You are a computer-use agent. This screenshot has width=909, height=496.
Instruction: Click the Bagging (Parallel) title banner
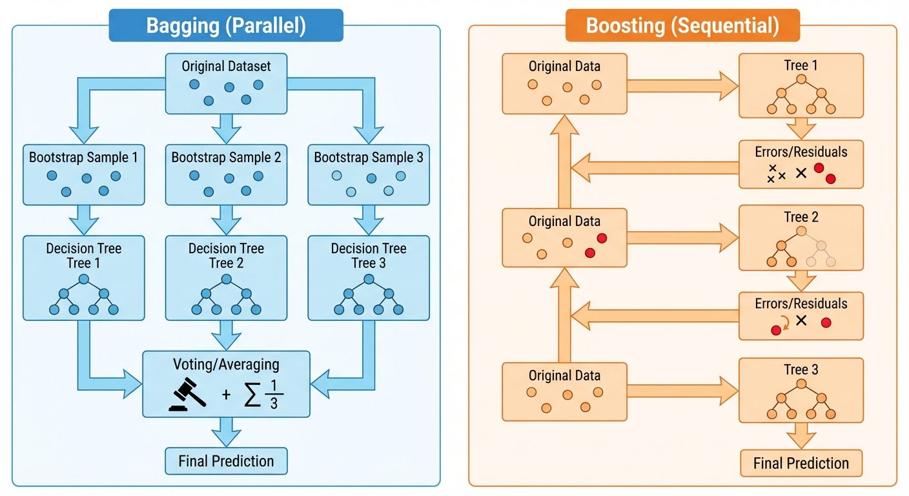click(x=226, y=26)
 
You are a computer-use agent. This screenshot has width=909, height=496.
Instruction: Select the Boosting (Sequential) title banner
click(x=682, y=26)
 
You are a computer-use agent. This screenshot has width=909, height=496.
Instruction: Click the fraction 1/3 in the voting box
click(x=273, y=393)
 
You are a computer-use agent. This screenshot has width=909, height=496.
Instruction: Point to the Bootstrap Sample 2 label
click(x=226, y=157)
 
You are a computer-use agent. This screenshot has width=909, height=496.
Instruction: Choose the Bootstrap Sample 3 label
click(x=369, y=157)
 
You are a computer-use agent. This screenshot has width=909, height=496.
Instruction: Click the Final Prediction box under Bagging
click(x=226, y=461)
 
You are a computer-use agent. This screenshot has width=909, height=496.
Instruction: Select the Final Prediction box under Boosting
click(x=801, y=463)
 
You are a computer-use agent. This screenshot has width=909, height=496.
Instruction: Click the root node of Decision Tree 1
click(x=83, y=280)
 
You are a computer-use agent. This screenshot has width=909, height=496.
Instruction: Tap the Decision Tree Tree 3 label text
click(x=369, y=256)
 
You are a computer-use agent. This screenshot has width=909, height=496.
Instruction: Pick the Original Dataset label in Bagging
click(x=226, y=66)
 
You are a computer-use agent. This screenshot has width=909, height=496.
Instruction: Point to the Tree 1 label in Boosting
click(x=801, y=65)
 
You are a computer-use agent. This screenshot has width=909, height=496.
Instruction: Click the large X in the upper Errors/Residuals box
click(x=801, y=172)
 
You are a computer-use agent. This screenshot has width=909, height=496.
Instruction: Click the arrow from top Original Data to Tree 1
click(x=682, y=85)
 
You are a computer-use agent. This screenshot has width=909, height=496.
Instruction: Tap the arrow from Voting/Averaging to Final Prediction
click(x=226, y=431)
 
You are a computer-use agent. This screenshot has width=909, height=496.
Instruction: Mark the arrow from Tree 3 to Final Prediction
click(x=801, y=435)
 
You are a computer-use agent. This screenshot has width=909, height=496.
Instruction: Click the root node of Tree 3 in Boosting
click(x=801, y=384)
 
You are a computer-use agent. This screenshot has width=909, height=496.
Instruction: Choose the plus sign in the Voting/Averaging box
click(x=226, y=395)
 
